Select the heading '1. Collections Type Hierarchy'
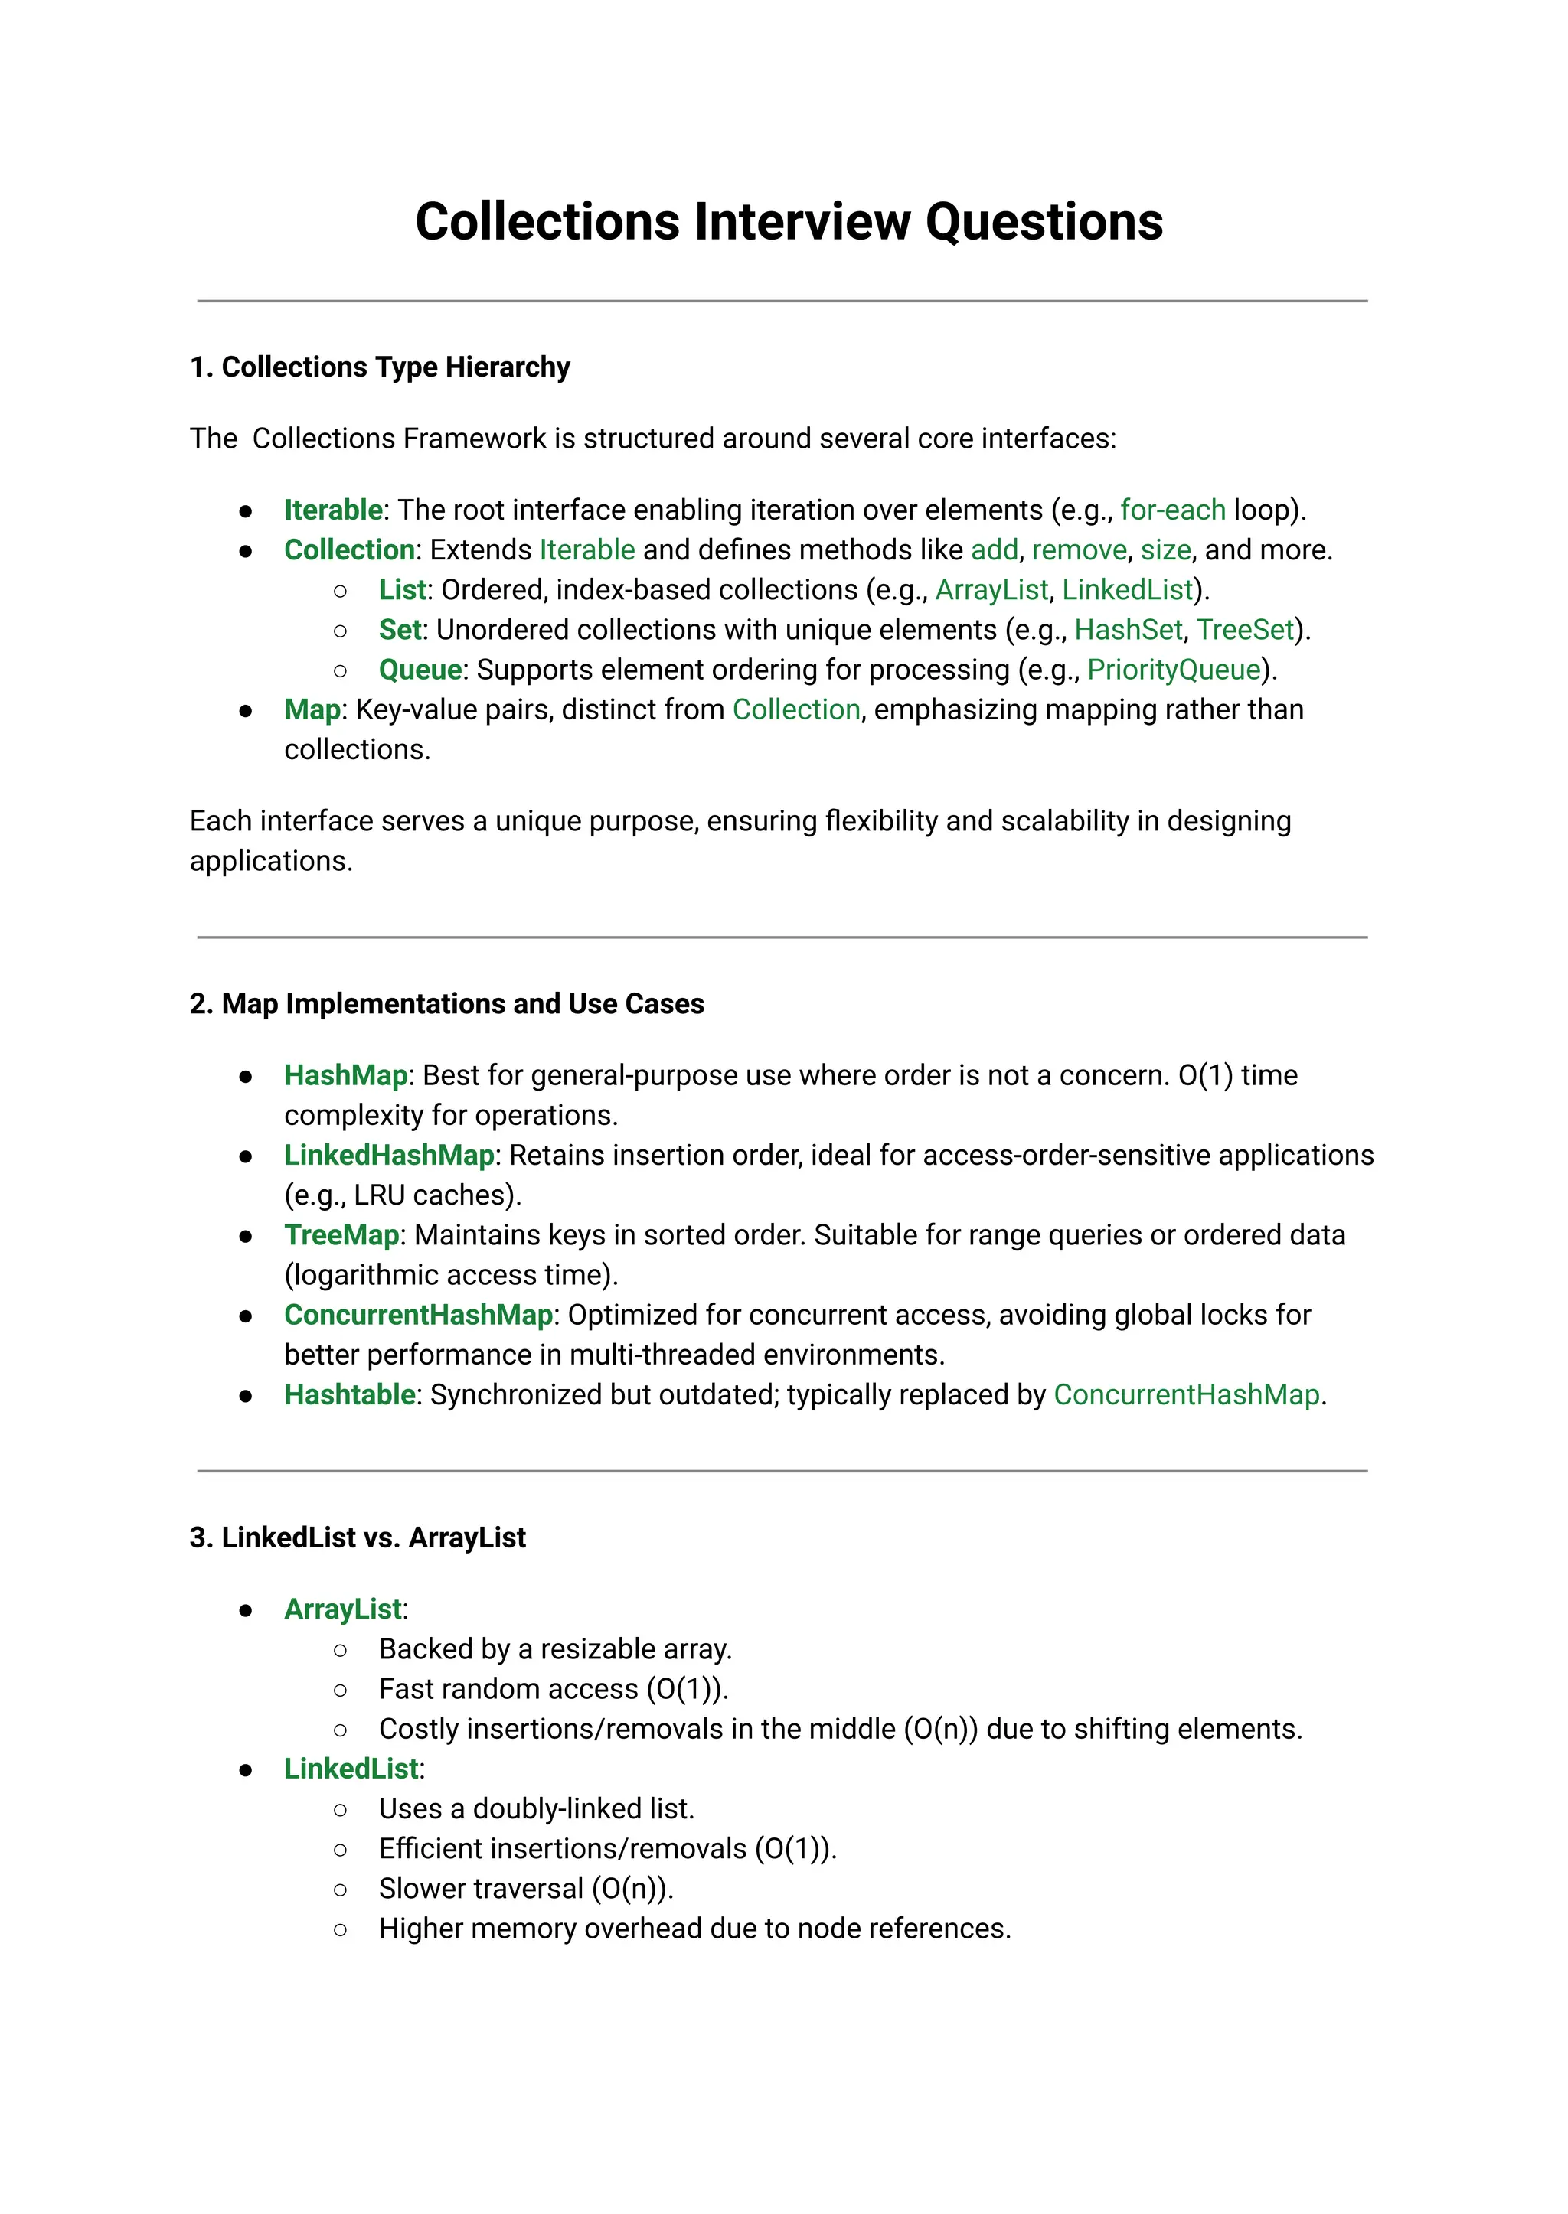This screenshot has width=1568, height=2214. click(x=380, y=367)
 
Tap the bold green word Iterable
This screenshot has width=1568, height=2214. click(x=332, y=510)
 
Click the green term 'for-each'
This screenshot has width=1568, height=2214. click(x=1172, y=510)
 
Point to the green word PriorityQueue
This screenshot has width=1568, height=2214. click(x=1173, y=670)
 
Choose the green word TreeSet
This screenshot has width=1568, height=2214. click(x=1245, y=631)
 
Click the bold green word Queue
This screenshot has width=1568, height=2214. click(x=420, y=670)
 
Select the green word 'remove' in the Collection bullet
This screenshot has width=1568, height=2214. click(x=1079, y=550)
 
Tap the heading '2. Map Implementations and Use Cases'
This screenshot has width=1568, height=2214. click(x=446, y=1004)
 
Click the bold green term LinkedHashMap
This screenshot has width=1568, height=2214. click(x=388, y=1156)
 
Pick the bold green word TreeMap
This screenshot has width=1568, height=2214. click(x=341, y=1235)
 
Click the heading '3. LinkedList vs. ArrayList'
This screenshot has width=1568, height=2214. click(x=358, y=1537)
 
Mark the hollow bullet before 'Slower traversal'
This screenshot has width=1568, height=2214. click(x=340, y=1889)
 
